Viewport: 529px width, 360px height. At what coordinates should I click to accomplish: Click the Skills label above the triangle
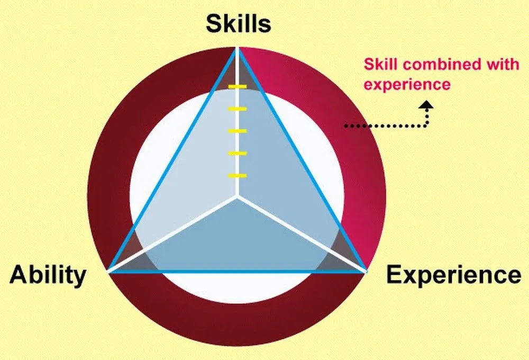(x=238, y=24)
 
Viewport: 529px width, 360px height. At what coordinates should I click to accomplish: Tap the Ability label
(x=48, y=275)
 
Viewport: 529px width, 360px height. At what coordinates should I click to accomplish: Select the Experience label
(x=453, y=275)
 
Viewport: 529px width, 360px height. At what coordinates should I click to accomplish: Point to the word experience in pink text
(x=407, y=84)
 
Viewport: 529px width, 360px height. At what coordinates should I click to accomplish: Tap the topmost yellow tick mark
(x=238, y=86)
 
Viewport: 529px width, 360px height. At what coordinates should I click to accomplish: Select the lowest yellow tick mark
(x=238, y=175)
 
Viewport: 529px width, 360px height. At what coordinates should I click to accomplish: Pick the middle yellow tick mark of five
(x=238, y=131)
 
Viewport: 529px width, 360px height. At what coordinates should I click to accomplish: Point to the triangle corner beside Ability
(x=108, y=272)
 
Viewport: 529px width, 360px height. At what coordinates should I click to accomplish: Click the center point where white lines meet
(x=238, y=197)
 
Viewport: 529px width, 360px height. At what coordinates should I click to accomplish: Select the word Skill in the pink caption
(x=377, y=65)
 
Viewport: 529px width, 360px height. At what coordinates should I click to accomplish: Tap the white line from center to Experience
(x=302, y=235)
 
